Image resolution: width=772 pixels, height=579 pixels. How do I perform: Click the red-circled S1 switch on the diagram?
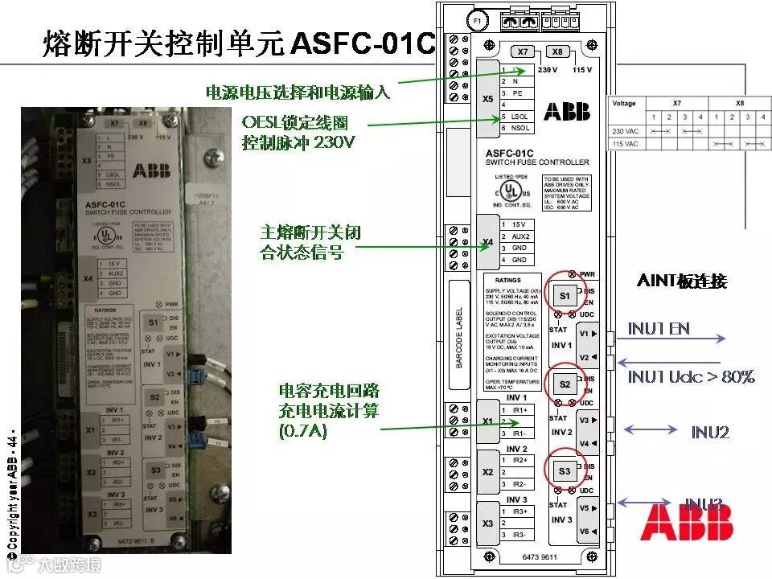click(x=564, y=296)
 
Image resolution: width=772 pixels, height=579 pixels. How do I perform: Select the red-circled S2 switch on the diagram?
click(x=564, y=384)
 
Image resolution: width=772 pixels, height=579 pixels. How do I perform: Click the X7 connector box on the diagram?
click(x=523, y=51)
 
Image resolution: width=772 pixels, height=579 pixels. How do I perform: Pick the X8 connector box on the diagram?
click(x=557, y=51)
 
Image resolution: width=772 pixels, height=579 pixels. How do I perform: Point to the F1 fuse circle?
click(x=476, y=18)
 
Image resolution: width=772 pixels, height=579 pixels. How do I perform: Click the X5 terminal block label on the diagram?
click(x=487, y=99)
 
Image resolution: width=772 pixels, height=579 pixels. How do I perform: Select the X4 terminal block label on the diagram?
click(x=487, y=242)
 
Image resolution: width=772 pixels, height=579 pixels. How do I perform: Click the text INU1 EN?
click(x=659, y=329)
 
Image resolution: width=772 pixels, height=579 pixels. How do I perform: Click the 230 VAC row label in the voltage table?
click(x=624, y=130)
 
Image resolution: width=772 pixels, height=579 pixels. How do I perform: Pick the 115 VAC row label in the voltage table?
click(x=624, y=144)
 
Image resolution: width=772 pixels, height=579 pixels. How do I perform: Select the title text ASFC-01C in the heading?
click(x=362, y=43)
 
